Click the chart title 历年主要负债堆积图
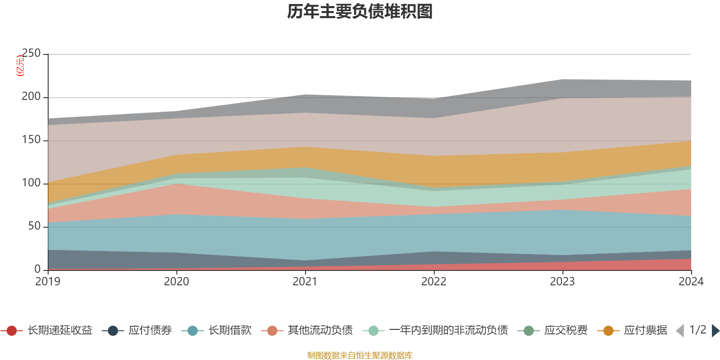360,12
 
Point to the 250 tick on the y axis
31,54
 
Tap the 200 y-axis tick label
31,97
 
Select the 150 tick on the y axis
31,140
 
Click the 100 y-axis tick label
31,183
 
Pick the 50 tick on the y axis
34,226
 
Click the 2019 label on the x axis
48,282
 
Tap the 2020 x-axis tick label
176,282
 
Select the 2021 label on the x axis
305,282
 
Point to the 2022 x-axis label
434,282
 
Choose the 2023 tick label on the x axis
562,282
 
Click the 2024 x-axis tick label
691,282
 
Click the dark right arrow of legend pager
715,331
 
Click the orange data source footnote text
360,355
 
